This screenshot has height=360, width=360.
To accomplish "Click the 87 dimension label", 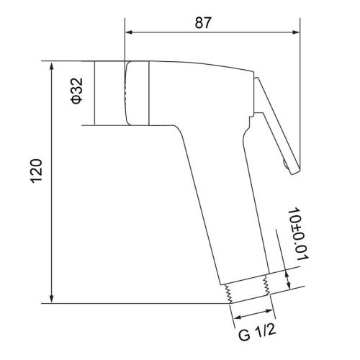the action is (203, 22).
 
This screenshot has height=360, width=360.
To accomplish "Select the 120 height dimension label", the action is (36, 171).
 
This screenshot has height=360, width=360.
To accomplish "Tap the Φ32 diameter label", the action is (77, 91).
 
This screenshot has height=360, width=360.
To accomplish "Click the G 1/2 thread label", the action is (257, 333).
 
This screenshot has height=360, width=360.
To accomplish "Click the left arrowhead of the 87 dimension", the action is (129, 32).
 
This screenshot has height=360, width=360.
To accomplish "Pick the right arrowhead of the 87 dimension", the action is (296, 32).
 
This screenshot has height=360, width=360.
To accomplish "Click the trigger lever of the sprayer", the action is (276, 125).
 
